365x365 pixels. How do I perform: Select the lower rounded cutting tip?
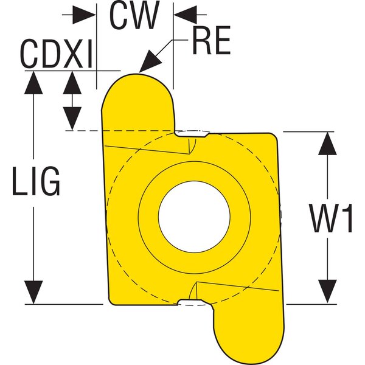pyautogui.click(x=251, y=341)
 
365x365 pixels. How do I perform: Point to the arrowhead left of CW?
pyautogui.click(x=86, y=15)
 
